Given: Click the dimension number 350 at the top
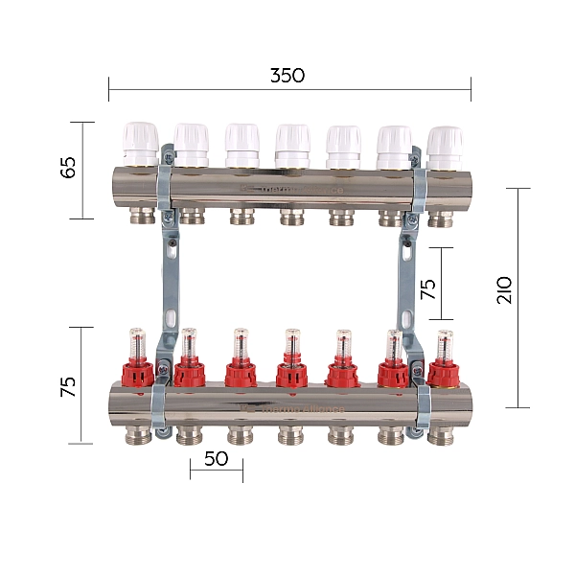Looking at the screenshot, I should pos(287,76).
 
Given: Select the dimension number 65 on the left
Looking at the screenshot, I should pos(67,170).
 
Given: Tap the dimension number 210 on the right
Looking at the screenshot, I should pos(505,290).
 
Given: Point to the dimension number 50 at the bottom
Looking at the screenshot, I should pos(217,458).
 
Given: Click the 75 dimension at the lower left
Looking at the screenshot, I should pos(67,386).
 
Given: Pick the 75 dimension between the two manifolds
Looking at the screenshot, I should pos(427,287).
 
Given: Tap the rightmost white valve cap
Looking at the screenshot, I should pos(443,144).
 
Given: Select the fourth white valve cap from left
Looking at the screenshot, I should pos(292,144).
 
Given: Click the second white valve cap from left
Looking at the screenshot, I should pos(192,144).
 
